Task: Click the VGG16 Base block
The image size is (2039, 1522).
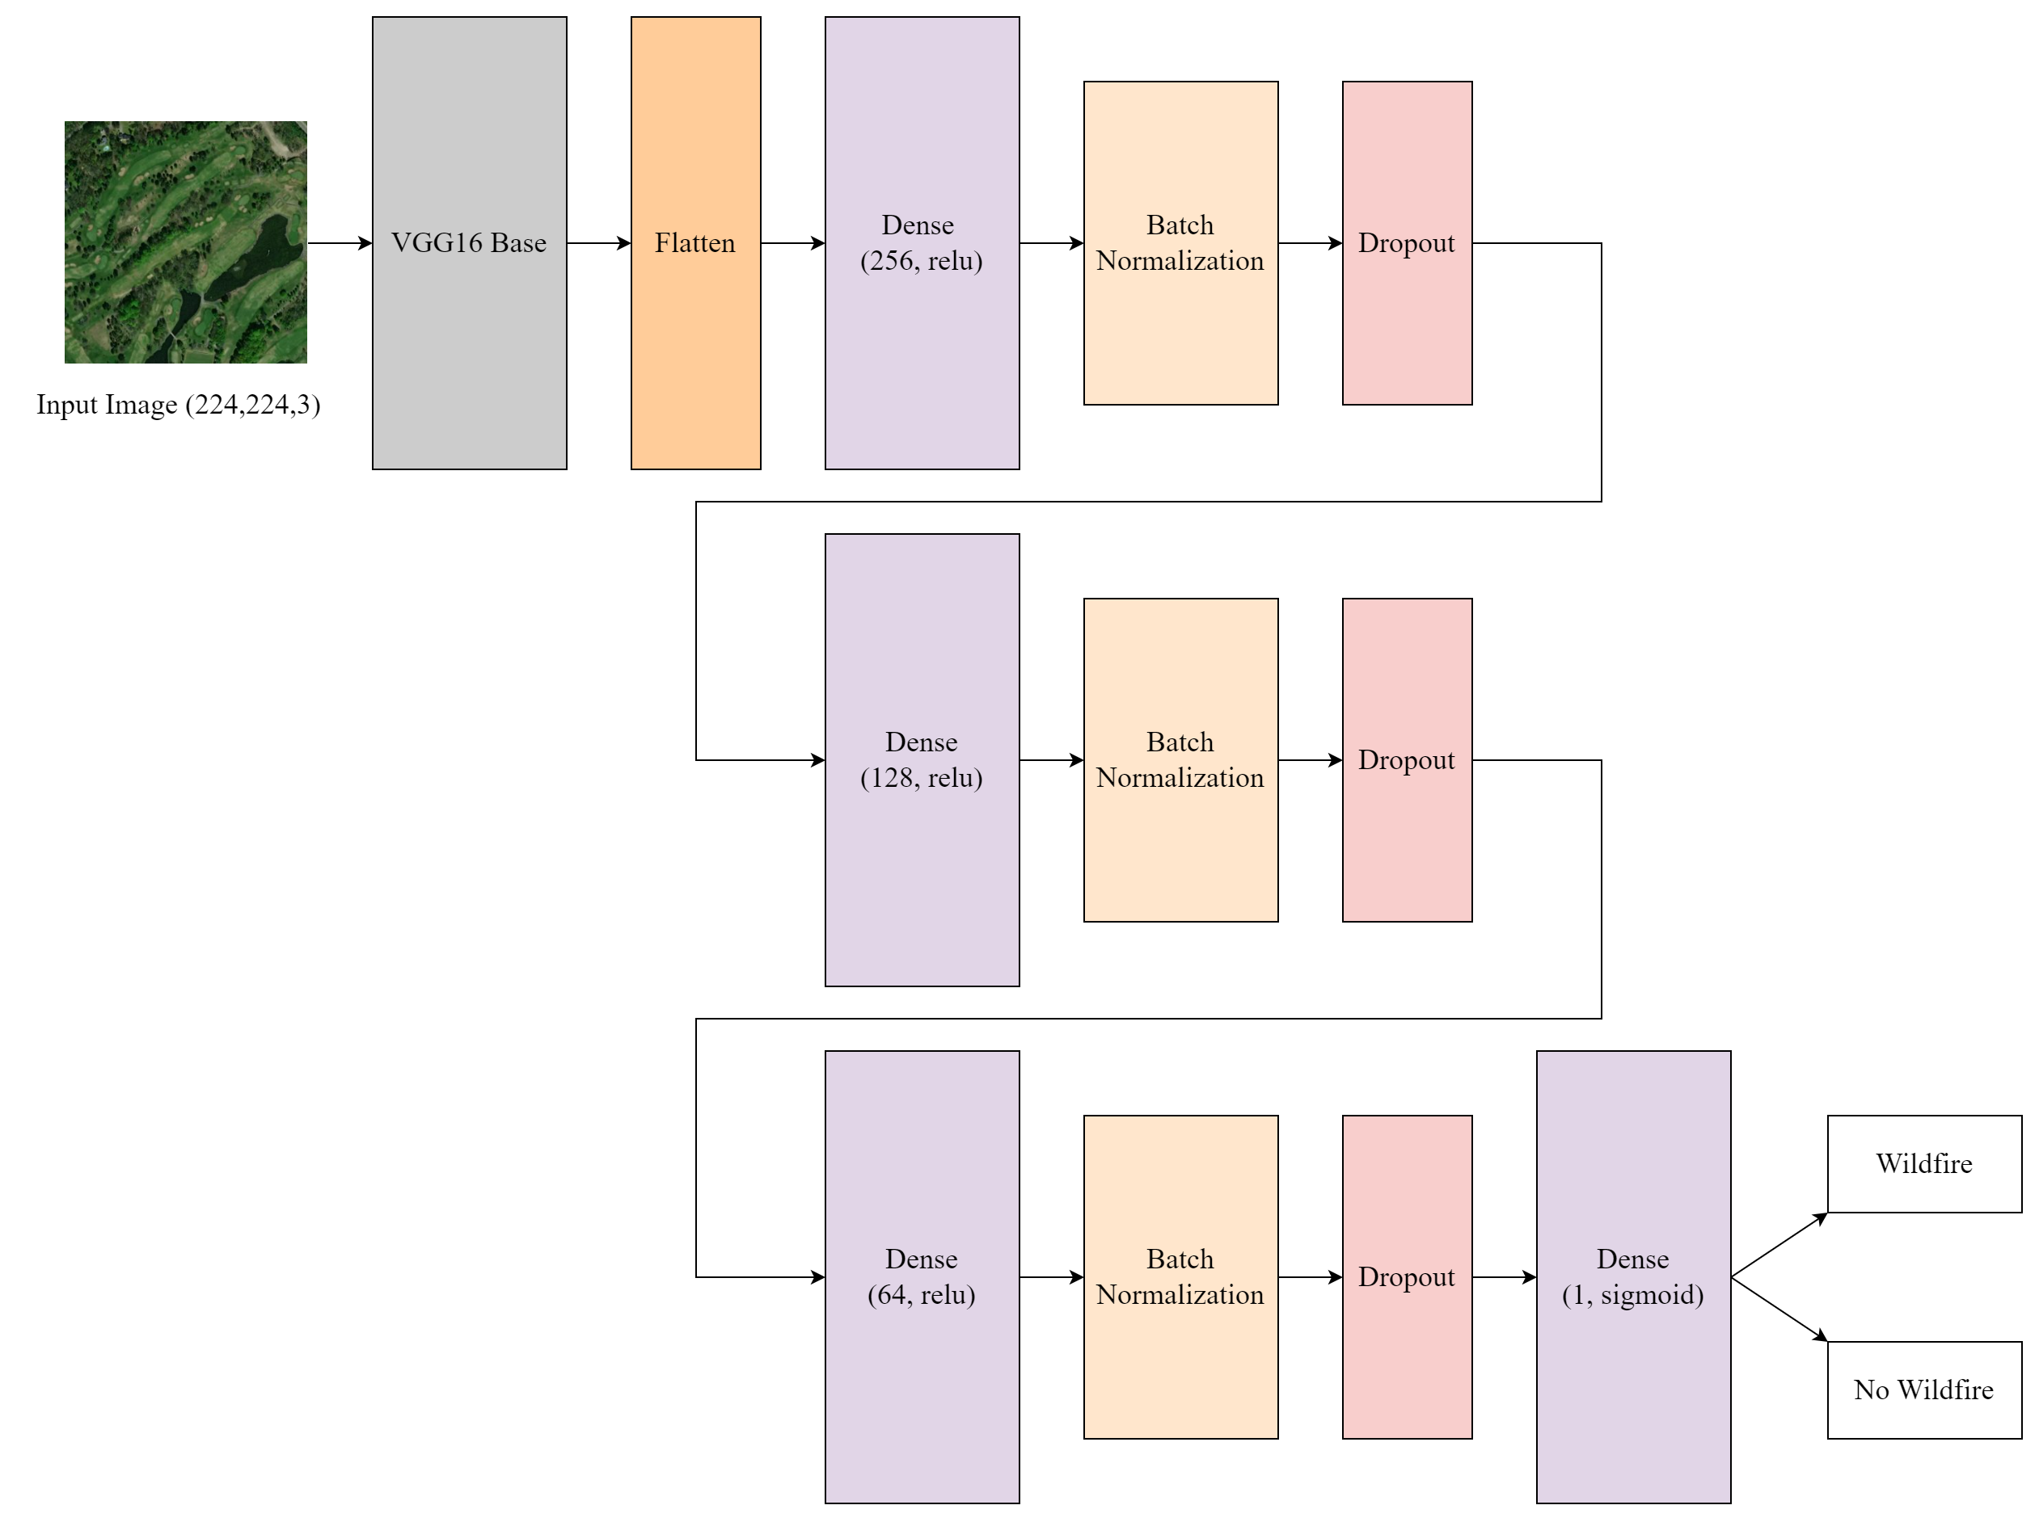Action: pyautogui.click(x=469, y=243)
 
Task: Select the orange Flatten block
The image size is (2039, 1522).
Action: pyautogui.click(x=695, y=243)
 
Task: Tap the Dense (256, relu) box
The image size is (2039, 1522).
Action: pyautogui.click(x=922, y=243)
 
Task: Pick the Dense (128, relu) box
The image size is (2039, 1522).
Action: pyautogui.click(x=922, y=760)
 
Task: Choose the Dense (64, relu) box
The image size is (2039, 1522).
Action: pyautogui.click(x=922, y=1277)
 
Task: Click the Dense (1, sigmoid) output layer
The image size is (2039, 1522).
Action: pyautogui.click(x=1632, y=1277)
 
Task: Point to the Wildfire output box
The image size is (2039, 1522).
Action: pyautogui.click(x=1923, y=1163)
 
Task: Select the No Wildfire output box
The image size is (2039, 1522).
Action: pyautogui.click(x=1923, y=1390)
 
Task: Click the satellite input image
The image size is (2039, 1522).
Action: pyautogui.click(x=185, y=242)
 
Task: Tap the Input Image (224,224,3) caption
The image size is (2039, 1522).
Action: pyautogui.click(x=178, y=405)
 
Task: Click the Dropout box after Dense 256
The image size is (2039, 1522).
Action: pyautogui.click(x=1407, y=243)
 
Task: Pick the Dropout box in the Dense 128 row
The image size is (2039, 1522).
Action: pyautogui.click(x=1407, y=760)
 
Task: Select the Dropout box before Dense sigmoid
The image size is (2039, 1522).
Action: pyautogui.click(x=1407, y=1277)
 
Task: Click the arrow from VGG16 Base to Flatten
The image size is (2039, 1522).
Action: pyautogui.click(x=598, y=243)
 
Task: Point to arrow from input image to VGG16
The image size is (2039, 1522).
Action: pyautogui.click(x=340, y=243)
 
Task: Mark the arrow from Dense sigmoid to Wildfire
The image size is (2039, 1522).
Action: pyautogui.click(x=1779, y=1246)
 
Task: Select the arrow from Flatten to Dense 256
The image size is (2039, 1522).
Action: pyautogui.click(x=793, y=243)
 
